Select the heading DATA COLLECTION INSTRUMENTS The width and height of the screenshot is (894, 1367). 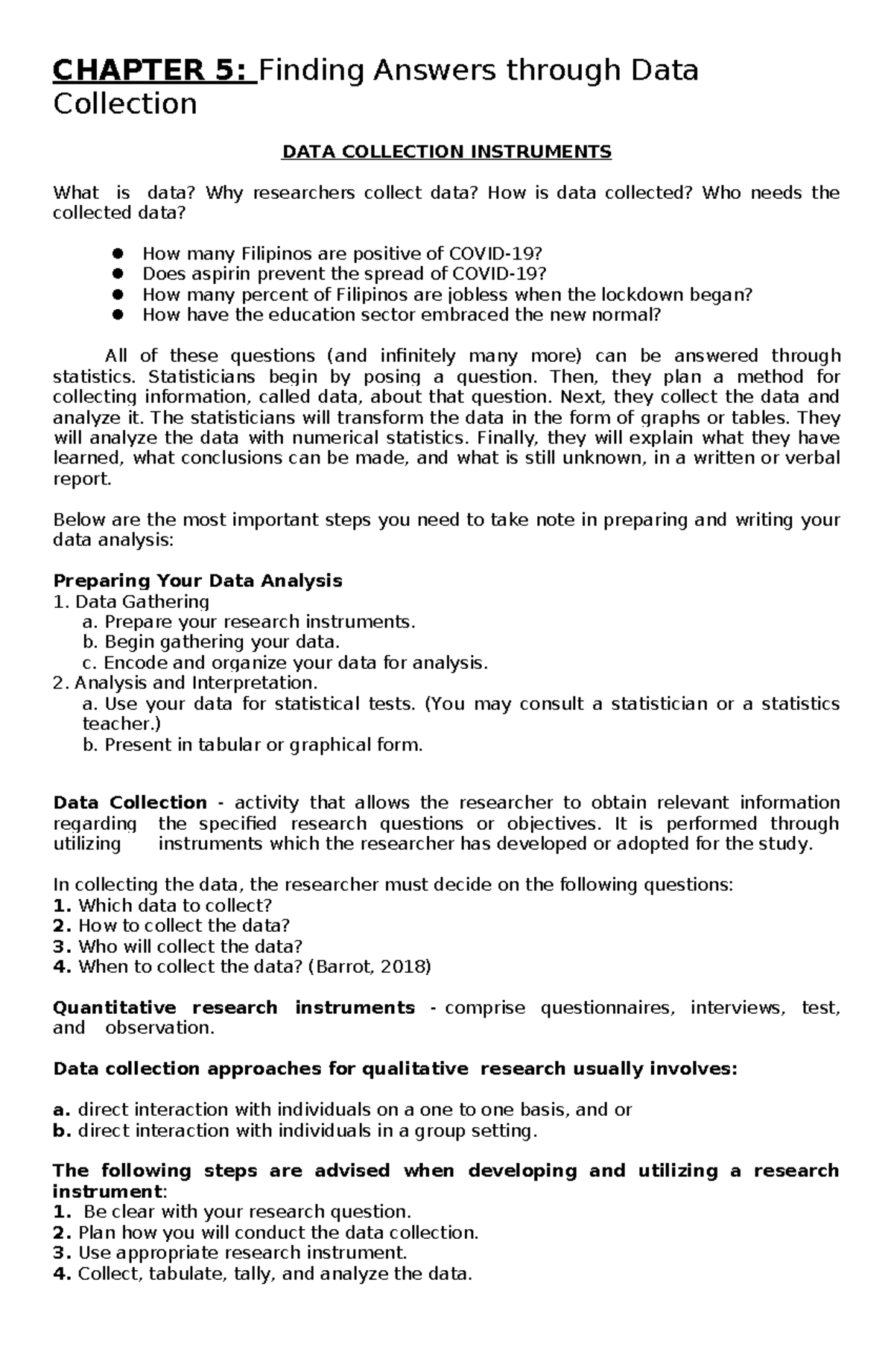click(x=446, y=152)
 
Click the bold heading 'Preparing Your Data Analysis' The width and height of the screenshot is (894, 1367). click(x=197, y=580)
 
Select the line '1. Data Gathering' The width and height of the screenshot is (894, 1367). click(x=131, y=601)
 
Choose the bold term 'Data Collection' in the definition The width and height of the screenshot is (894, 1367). click(x=130, y=802)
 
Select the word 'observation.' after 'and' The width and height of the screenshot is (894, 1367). click(x=159, y=1028)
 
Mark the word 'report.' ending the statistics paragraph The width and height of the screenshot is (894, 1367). click(x=82, y=479)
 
